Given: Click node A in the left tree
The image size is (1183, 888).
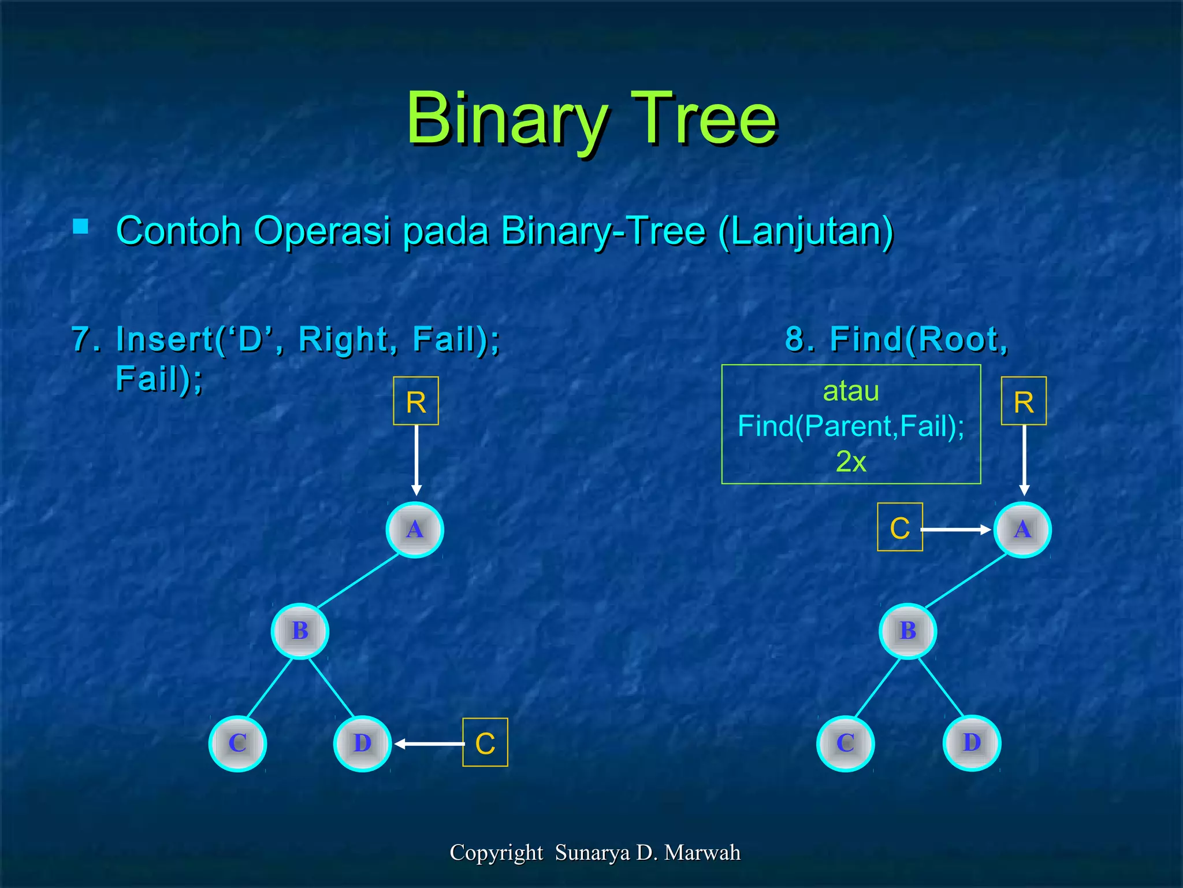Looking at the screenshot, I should coord(414,530).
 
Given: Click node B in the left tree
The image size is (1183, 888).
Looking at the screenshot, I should coord(300,631).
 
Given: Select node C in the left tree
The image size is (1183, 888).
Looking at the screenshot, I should coord(237,743).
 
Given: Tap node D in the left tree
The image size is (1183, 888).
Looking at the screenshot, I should coord(362,743).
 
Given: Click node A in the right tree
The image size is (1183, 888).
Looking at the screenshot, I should coord(1022,530).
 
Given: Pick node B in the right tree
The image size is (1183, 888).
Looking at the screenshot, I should coord(907,631).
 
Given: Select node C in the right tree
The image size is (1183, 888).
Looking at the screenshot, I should coord(845,743).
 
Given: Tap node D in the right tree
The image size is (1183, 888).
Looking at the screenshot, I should coord(972,742).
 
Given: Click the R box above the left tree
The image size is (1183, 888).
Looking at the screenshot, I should coord(416,401).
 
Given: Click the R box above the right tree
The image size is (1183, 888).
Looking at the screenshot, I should coord(1024,401).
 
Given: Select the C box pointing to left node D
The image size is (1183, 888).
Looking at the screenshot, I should coord(485,743).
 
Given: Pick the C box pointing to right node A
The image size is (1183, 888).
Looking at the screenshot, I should coord(899,527).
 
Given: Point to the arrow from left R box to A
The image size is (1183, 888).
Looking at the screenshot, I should coord(416,460).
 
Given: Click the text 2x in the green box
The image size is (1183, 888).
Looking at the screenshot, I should coord(851,462).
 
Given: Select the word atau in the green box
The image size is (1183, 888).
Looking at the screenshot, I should coord(851,391).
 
